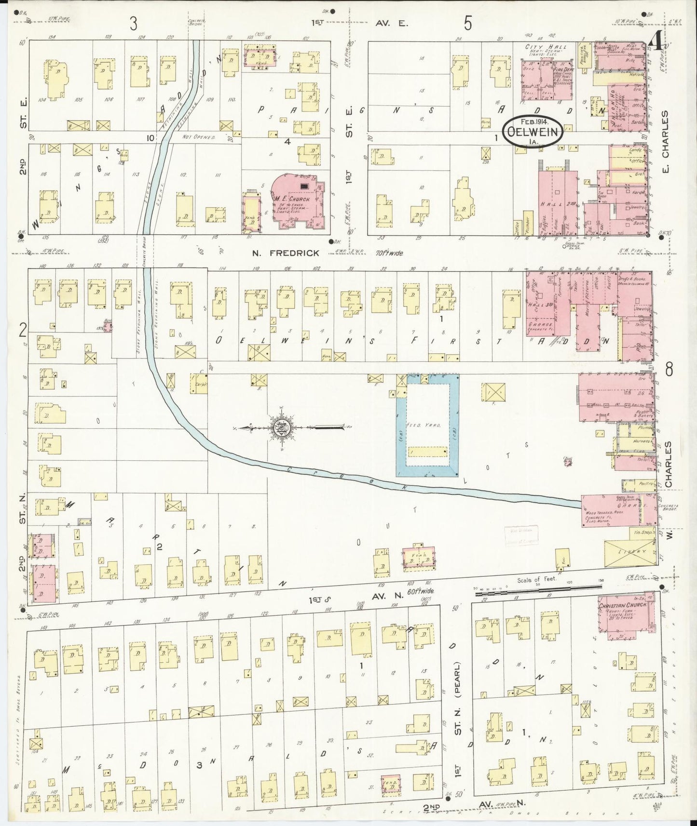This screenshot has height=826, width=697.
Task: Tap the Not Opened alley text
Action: (x=198, y=137)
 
